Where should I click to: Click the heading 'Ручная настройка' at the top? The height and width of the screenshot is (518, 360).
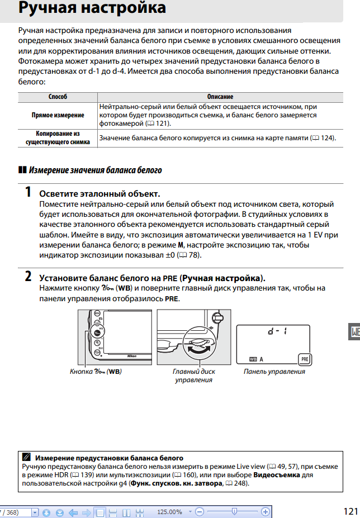point(92,8)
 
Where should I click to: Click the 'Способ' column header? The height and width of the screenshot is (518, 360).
point(58,97)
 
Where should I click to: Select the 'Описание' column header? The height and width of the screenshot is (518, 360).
point(220,97)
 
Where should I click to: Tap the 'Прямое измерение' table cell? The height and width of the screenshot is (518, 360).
point(58,115)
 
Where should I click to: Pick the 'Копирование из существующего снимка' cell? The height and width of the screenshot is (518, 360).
point(58,138)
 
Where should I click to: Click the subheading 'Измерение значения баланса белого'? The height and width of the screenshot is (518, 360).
point(95,169)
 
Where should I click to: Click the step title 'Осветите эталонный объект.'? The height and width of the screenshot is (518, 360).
point(100,194)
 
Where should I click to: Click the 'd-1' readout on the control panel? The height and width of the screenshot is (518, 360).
point(277,331)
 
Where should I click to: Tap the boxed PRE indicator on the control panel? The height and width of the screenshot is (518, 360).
point(304,359)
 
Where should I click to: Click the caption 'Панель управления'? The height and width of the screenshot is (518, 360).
point(274,372)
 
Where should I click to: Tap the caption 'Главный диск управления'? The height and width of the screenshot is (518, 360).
point(193,376)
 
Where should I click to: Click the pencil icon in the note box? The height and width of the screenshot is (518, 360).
point(26,458)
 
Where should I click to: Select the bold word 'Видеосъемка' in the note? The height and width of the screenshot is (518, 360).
point(277,475)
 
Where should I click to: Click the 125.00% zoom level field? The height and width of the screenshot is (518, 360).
point(169,512)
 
